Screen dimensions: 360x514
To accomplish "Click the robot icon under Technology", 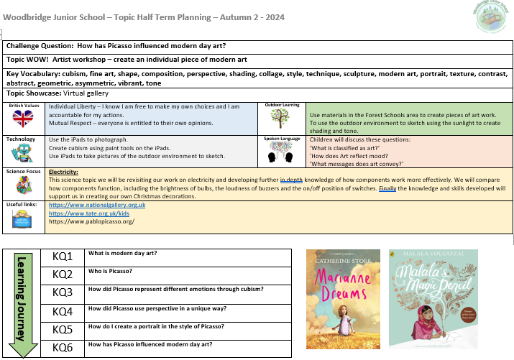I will tap(22, 152).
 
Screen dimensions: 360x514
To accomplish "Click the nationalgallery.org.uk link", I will tap(97, 206).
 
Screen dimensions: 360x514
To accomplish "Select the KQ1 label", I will tap(63, 256).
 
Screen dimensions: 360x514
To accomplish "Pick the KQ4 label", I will tap(63, 311).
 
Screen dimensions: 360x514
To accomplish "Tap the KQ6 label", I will tap(63, 348).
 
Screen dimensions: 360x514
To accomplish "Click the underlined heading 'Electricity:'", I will tap(64, 172).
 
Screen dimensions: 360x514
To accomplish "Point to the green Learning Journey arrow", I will tap(24, 302).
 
